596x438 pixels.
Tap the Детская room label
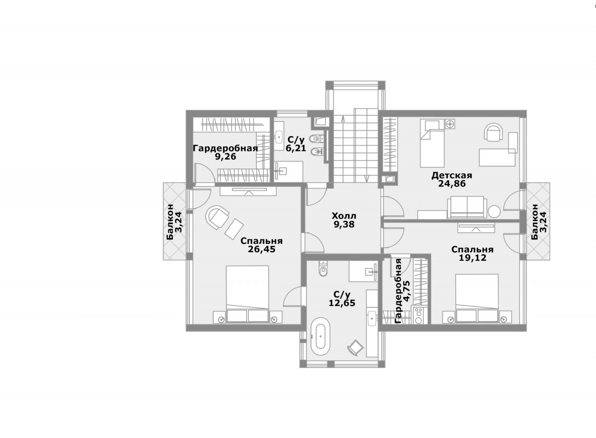(452, 175)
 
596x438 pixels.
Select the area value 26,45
(262, 249)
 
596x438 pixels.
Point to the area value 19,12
(472, 258)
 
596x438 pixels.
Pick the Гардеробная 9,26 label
(225, 152)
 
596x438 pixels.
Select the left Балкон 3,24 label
(174, 222)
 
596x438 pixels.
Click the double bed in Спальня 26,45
(247, 294)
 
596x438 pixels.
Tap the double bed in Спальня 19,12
(477, 298)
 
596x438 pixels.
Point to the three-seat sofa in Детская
(467, 208)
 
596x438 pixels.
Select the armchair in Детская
(494, 132)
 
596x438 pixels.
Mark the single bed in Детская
(433, 143)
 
